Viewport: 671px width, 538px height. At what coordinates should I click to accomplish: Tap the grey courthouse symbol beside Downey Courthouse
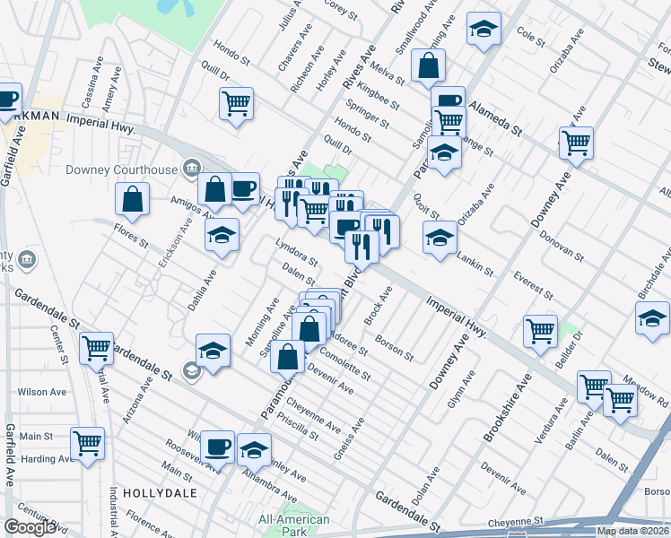coord(190,168)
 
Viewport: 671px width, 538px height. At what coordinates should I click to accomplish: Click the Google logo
coord(30,527)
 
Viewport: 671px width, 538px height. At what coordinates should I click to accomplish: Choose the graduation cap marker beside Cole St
coord(484,30)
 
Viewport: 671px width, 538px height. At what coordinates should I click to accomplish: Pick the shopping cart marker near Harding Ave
coord(87,442)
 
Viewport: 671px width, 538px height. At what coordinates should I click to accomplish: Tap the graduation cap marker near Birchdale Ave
coord(652,318)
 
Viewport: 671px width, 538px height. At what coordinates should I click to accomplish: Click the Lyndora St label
coord(296,254)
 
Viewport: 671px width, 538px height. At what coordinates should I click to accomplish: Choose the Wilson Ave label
coord(43,392)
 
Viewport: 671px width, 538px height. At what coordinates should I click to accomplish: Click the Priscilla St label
coord(299,428)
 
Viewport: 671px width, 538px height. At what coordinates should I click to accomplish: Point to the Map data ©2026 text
coord(632,531)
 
